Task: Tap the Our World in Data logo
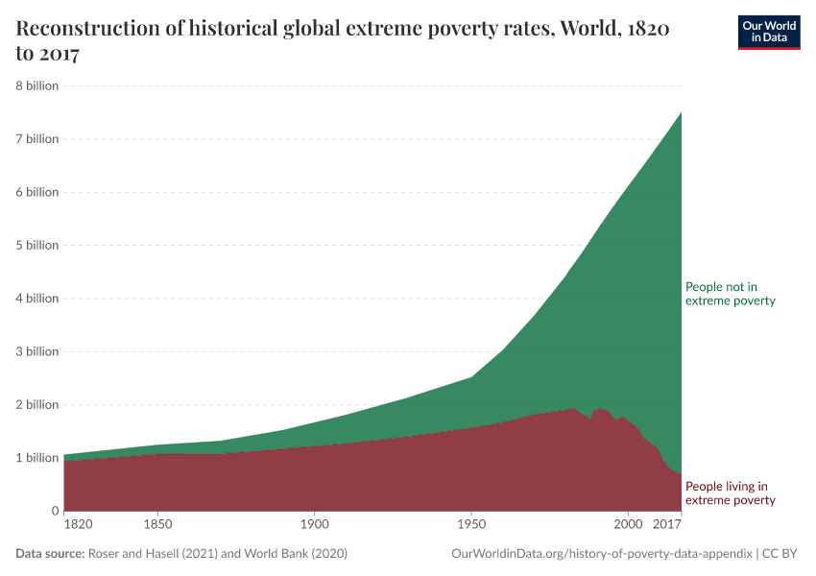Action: [768, 32]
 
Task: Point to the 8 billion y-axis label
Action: [36, 85]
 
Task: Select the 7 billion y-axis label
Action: [36, 139]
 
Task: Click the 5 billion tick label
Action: [36, 245]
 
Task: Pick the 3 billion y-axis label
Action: [36, 351]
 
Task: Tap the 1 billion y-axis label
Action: [36, 458]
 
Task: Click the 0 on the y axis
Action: [54, 511]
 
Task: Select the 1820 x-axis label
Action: [78, 525]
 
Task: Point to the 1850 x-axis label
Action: [157, 525]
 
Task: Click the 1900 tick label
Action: [314, 525]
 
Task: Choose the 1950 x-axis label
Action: [470, 525]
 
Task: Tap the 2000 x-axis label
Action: [628, 525]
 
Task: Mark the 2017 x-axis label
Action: [666, 525]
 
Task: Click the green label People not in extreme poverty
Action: [730, 294]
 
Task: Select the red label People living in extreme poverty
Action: [730, 493]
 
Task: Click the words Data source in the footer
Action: [50, 554]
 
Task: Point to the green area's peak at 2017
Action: [681, 112]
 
